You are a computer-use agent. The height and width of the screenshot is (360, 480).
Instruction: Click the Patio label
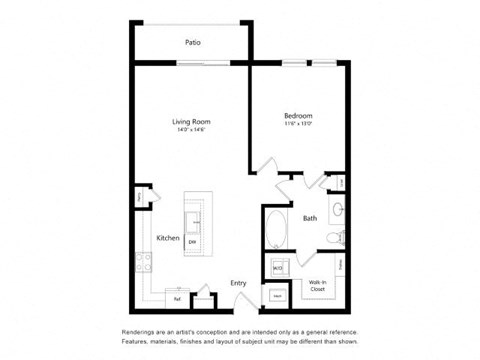192,43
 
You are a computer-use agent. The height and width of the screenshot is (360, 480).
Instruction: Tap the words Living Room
192,122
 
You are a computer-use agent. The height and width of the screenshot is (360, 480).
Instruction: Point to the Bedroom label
298,117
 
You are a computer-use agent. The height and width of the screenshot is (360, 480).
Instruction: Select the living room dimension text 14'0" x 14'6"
192,130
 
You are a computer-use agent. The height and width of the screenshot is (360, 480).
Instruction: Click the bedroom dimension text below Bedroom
298,125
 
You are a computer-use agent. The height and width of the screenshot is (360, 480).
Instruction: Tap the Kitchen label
167,238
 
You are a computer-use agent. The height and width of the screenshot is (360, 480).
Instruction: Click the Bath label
310,218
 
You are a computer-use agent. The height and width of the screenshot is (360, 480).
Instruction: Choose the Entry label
239,283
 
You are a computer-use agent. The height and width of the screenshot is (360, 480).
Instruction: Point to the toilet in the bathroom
340,237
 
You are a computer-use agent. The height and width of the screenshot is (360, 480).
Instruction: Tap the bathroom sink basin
338,210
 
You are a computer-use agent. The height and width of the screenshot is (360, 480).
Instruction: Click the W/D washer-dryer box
278,268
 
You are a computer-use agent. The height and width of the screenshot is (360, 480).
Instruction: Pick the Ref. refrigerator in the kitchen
177,297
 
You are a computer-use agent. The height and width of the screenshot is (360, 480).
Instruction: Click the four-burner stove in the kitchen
144,263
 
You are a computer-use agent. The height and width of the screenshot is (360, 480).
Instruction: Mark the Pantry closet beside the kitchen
141,198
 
